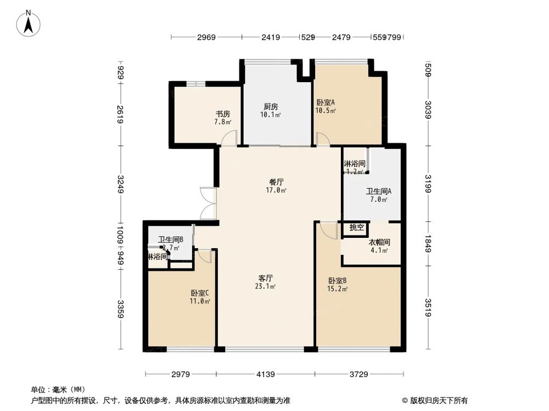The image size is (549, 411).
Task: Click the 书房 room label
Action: [222, 114]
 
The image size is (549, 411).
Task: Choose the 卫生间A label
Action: [379, 191]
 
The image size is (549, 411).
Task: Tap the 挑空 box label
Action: [356, 227]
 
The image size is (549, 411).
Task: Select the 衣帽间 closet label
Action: [379, 242]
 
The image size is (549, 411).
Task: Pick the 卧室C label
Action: [200, 293]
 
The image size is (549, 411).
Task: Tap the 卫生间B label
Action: [170, 239]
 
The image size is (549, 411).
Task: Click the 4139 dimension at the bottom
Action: [266, 374]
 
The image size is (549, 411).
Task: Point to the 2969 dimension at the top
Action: [206, 37]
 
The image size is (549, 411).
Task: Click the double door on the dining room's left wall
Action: [209, 204]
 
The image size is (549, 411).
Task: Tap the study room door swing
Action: [230, 139]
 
